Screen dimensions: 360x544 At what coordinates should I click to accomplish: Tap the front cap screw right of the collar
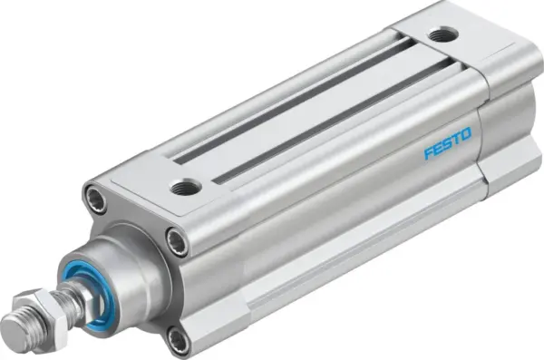pyautogui.click(x=177, y=240)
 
